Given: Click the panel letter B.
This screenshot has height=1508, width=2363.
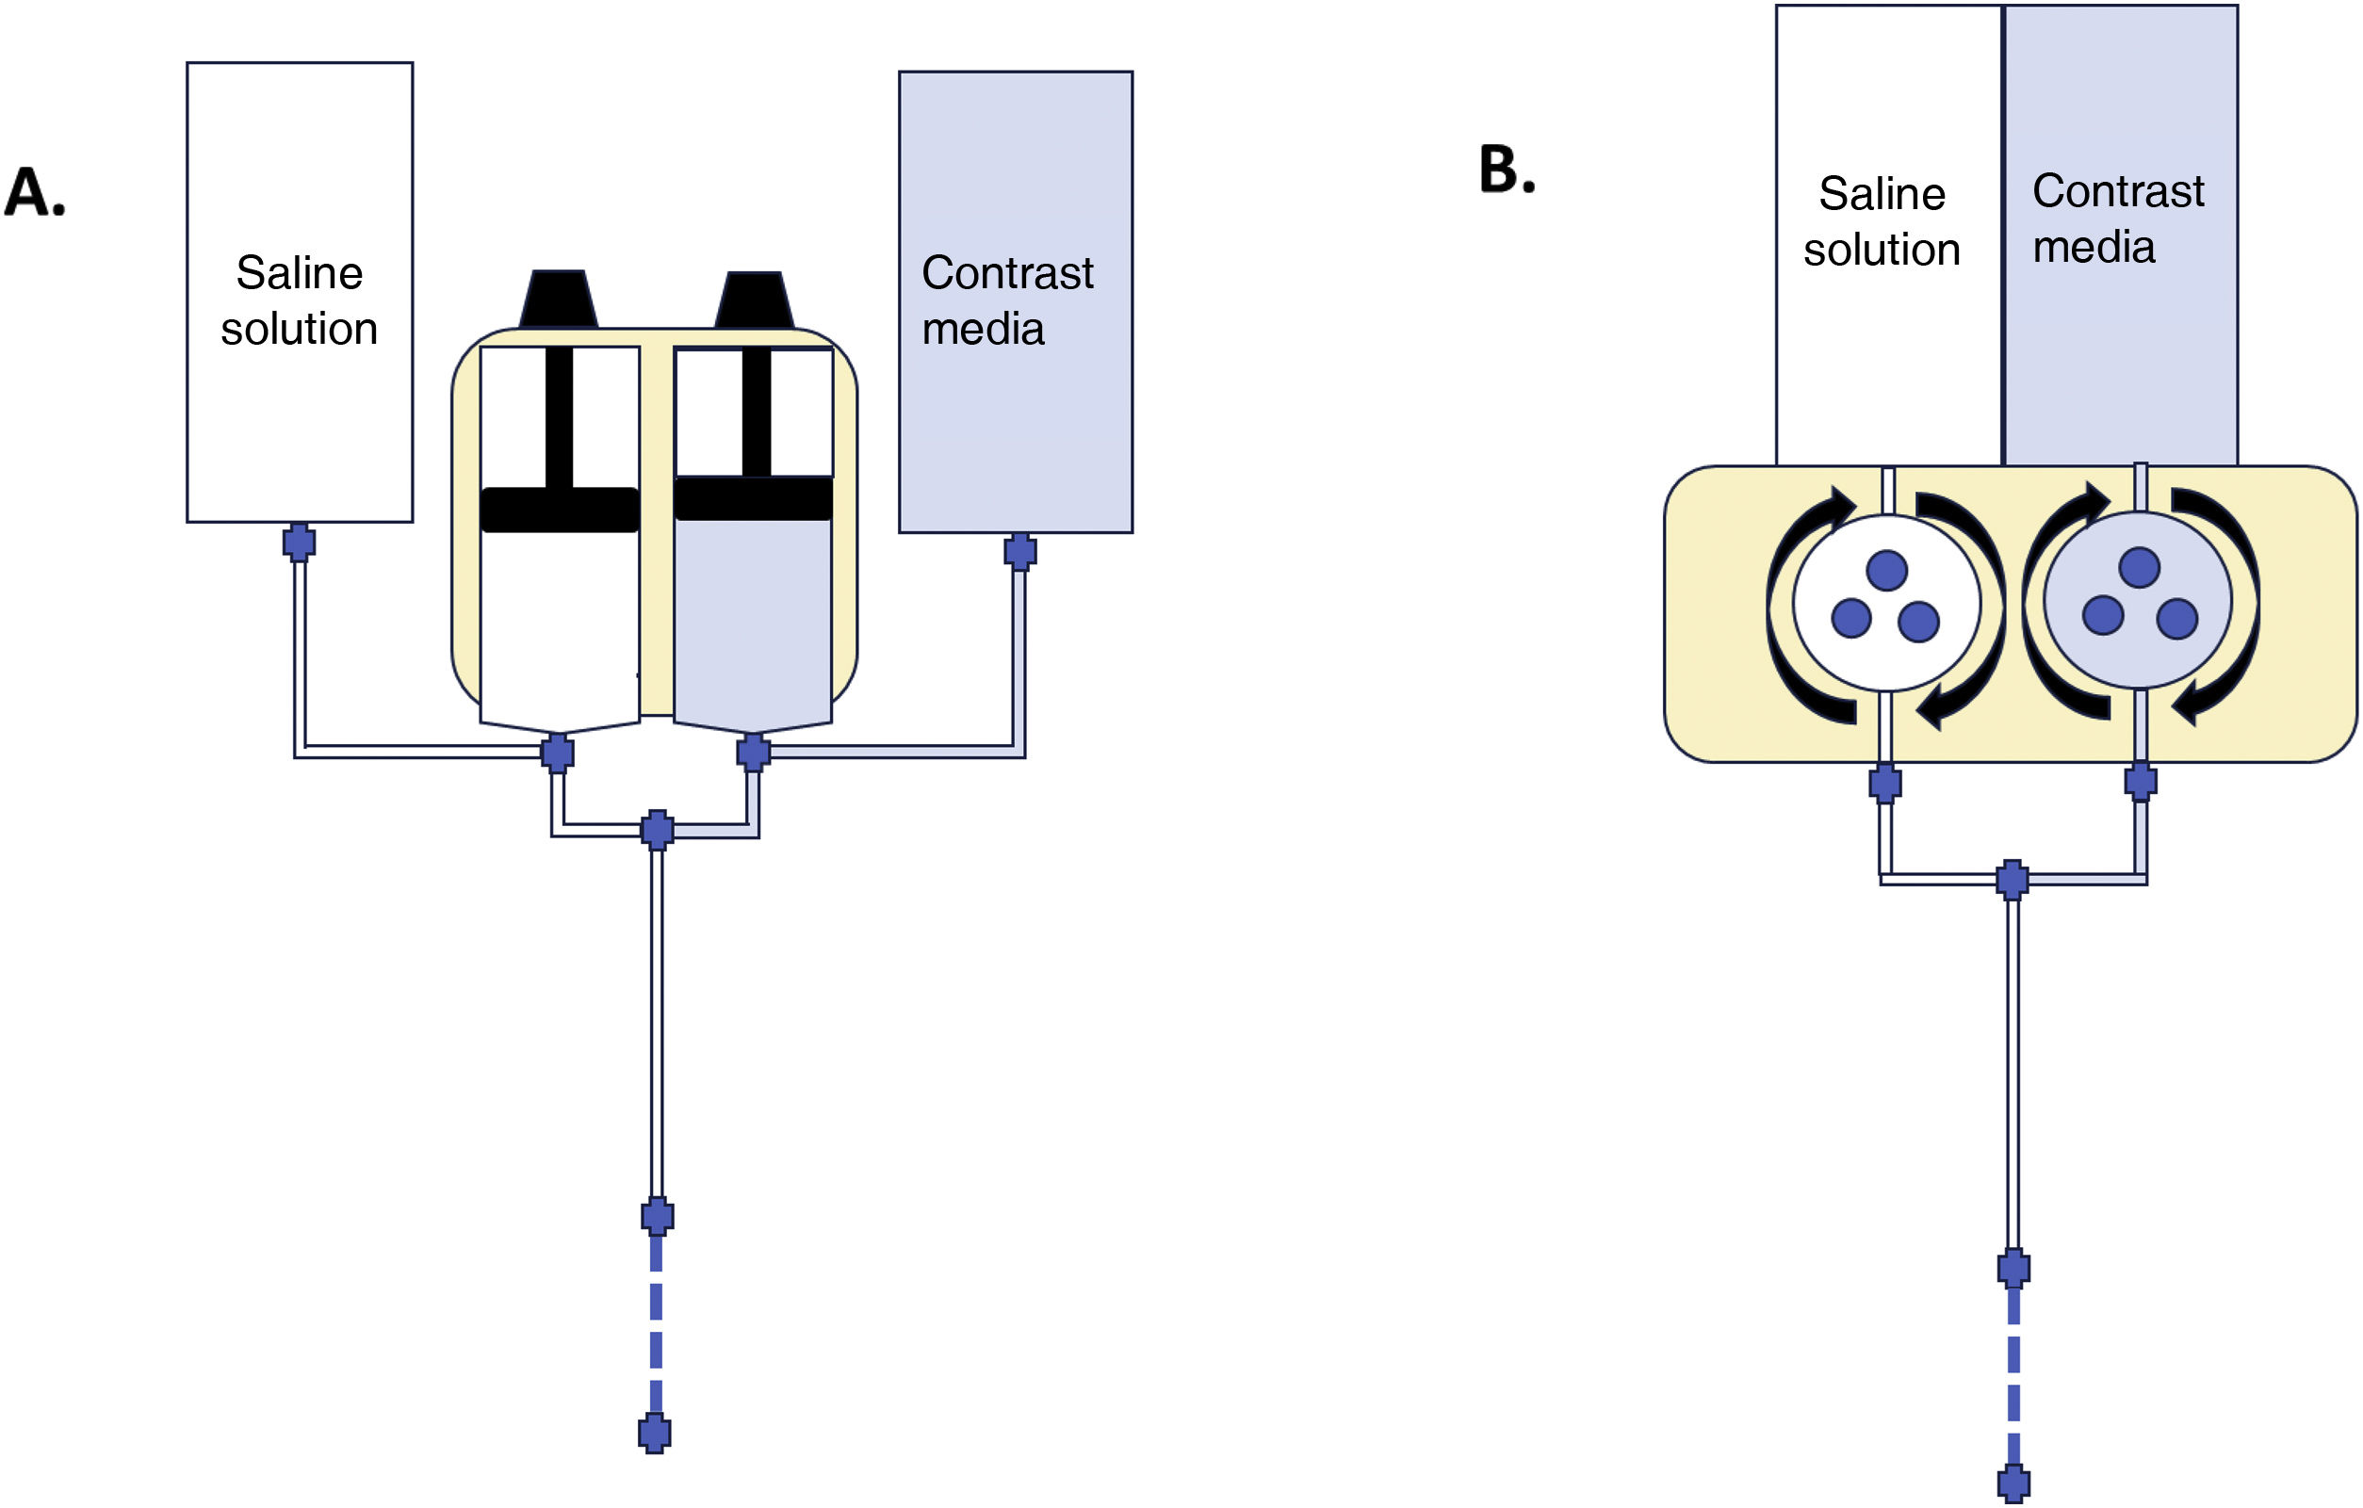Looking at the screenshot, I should pyautogui.click(x=1507, y=170).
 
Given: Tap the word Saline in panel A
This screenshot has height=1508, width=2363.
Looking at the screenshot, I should pyautogui.click(x=300, y=273).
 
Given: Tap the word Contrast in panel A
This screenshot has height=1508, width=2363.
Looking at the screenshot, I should pyautogui.click(x=1007, y=273).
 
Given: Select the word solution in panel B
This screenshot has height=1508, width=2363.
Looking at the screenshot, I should pyautogui.click(x=1882, y=250).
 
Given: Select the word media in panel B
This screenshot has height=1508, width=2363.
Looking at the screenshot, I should pyautogui.click(x=2094, y=246).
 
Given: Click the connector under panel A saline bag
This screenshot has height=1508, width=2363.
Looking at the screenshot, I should pyautogui.click(x=300, y=542).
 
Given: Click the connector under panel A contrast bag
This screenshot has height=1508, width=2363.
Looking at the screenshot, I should pyautogui.click(x=1020, y=551).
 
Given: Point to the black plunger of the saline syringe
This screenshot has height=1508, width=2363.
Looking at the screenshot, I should pyautogui.click(x=560, y=510).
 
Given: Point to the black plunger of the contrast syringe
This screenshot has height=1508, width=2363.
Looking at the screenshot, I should pyautogui.click(x=754, y=497).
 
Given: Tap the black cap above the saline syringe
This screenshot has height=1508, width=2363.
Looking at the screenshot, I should pyautogui.click(x=559, y=299).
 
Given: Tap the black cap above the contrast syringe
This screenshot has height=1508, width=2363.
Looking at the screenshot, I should pyautogui.click(x=754, y=300).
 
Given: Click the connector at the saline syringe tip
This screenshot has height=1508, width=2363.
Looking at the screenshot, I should pyautogui.click(x=558, y=753).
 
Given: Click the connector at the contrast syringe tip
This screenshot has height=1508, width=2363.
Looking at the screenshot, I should pyautogui.click(x=753, y=753).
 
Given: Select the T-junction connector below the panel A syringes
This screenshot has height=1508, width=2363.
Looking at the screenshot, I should pyautogui.click(x=658, y=830).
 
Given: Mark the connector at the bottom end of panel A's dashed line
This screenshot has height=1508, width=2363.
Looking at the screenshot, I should pyautogui.click(x=655, y=1435).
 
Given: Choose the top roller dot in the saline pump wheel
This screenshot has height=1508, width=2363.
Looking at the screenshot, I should pyautogui.click(x=1886, y=570).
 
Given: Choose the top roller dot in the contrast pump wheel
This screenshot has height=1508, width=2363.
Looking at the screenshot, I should pyautogui.click(x=2140, y=567).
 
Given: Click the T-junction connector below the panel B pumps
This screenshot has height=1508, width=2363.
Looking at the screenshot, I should pyautogui.click(x=2013, y=880).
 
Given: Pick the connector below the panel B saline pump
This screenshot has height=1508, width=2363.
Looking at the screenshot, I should pyautogui.click(x=1885, y=783).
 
